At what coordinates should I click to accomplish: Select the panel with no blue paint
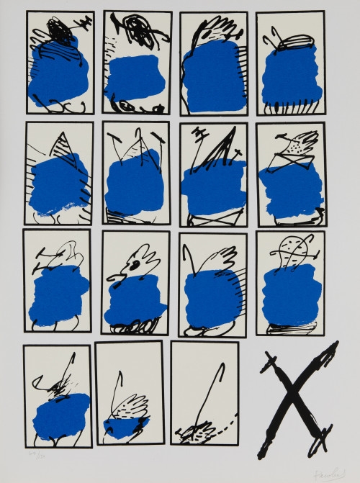[204, 393]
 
